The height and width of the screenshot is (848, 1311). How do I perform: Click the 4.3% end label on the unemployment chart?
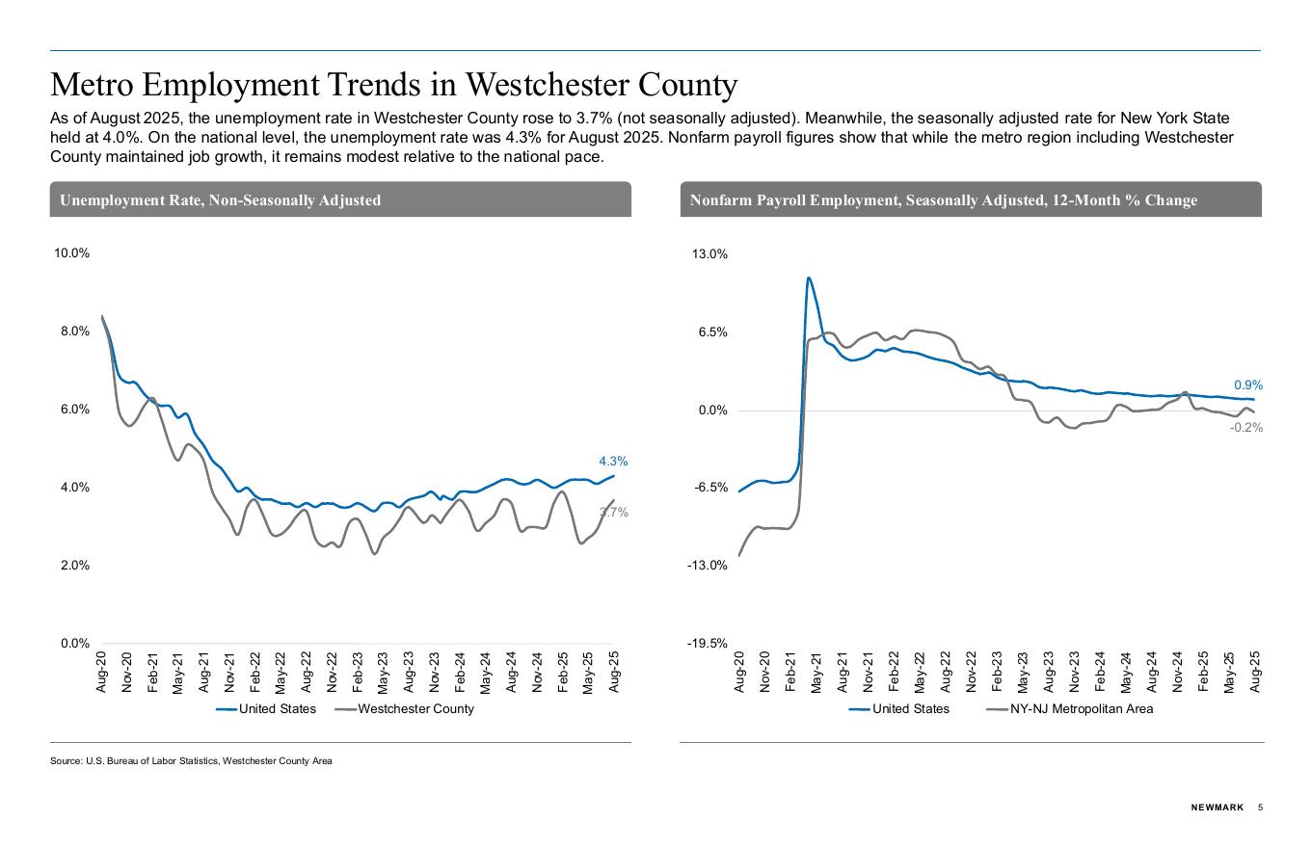[x=613, y=462]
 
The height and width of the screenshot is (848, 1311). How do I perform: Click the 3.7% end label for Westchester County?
[x=614, y=513]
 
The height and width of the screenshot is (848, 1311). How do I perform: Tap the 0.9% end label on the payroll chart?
[x=1247, y=385]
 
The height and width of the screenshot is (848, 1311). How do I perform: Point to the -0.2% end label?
[x=1245, y=428]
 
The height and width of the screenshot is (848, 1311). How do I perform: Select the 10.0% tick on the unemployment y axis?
[x=71, y=253]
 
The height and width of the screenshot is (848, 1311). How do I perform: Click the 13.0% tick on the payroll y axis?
[x=709, y=254]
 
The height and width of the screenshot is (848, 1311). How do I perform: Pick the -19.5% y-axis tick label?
[x=708, y=644]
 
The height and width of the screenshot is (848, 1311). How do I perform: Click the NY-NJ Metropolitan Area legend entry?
[x=1081, y=709]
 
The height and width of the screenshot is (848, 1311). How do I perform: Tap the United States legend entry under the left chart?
[x=277, y=709]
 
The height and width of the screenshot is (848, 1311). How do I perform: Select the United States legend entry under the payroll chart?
[x=910, y=709]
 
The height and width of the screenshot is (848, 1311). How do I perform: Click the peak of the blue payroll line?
[x=808, y=278]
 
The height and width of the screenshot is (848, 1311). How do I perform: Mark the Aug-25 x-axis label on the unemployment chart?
[x=615, y=671]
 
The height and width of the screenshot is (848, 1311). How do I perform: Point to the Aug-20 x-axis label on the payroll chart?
[x=740, y=672]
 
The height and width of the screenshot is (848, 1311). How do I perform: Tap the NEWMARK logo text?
[x=1217, y=808]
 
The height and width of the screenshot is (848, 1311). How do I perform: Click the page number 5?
[x=1260, y=808]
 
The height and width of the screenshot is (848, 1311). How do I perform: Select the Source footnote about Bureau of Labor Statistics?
[x=191, y=761]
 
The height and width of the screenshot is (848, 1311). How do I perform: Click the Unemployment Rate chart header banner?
[x=340, y=199]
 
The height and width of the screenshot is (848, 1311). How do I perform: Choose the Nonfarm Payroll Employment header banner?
[x=970, y=199]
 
